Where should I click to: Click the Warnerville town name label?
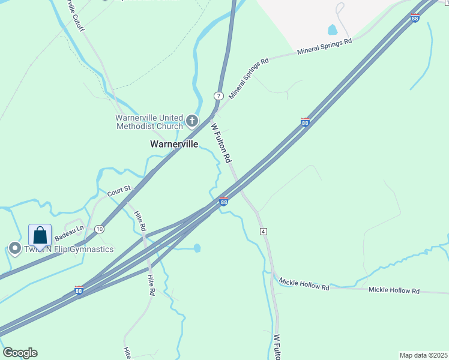tap(173, 144)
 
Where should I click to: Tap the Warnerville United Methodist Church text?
tap(149, 122)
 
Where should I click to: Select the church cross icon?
tap(192, 122)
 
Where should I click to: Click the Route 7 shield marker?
tap(218, 96)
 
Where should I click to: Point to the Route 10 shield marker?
tap(99, 229)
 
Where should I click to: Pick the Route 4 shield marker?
tap(263, 231)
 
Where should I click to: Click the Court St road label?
tap(119, 192)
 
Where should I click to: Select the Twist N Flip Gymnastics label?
tap(68, 249)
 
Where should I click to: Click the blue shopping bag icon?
tap(40, 236)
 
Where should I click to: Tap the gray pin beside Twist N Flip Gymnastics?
tap(14, 248)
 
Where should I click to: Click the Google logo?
tap(20, 353)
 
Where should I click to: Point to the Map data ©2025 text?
tap(423, 355)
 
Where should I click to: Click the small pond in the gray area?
tap(332, 29)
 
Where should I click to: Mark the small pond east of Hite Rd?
tap(196, 248)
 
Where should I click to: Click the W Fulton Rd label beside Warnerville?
tap(221, 143)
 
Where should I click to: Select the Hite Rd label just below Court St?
tap(140, 221)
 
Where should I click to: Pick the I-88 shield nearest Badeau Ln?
tap(79, 290)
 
